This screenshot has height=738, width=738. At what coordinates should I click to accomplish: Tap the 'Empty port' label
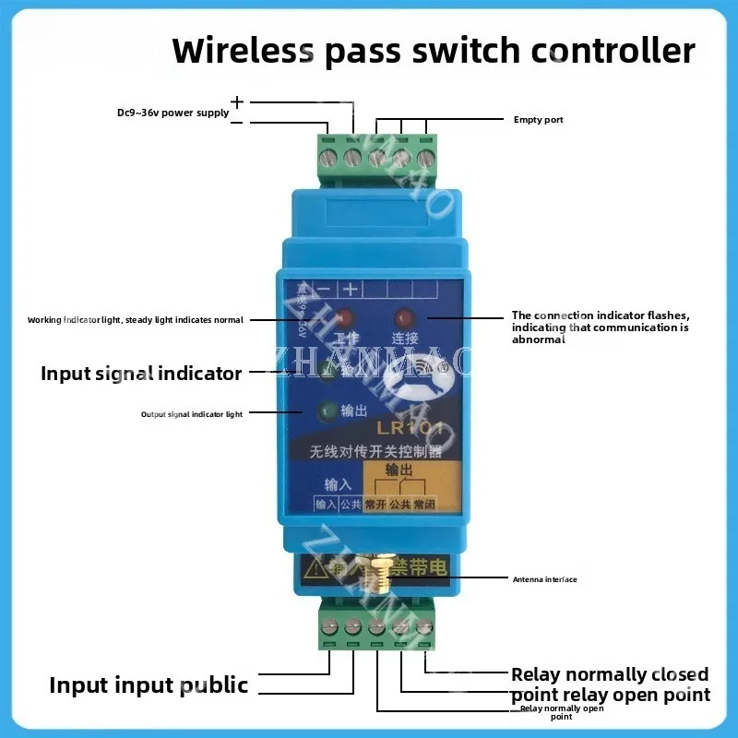click(x=538, y=120)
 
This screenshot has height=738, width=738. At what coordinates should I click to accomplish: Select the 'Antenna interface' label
click(x=544, y=579)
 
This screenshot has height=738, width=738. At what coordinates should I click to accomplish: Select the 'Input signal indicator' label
click(x=140, y=374)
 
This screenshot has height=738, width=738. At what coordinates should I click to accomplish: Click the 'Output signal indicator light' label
click(x=192, y=414)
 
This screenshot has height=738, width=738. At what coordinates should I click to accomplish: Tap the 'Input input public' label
click(x=149, y=685)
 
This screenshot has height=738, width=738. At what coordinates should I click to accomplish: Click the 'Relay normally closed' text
click(x=610, y=674)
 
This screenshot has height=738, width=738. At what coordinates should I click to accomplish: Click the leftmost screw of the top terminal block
click(x=328, y=160)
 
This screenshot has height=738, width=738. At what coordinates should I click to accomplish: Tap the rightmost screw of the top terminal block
click(x=424, y=160)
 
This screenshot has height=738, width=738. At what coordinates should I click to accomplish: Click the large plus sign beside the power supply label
click(x=237, y=101)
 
